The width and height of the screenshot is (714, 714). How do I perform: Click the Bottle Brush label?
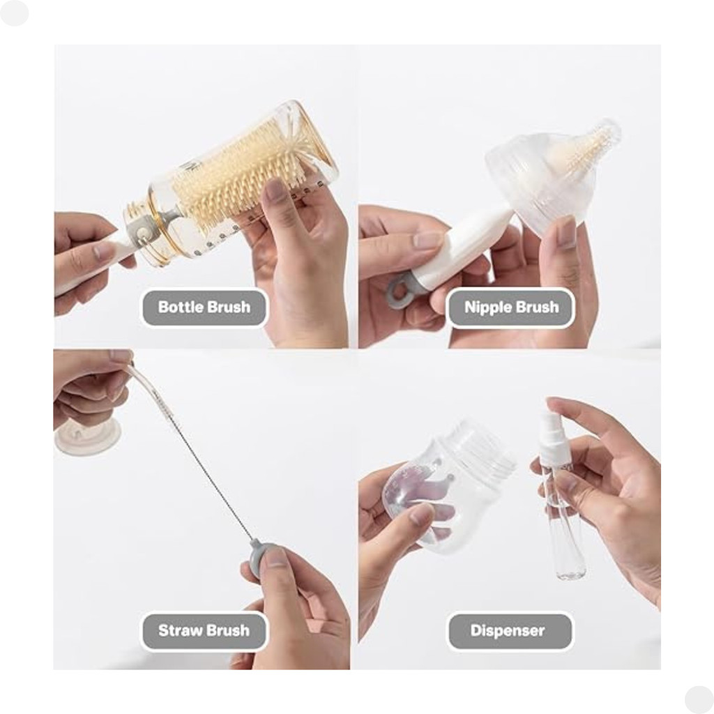(x=204, y=307)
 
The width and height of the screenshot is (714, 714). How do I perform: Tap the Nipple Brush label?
(x=511, y=307)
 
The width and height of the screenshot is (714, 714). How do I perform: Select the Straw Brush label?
(x=204, y=630)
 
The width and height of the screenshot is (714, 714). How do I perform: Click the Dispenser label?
(x=510, y=630)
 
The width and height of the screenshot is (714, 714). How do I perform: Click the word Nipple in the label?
(x=485, y=308)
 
